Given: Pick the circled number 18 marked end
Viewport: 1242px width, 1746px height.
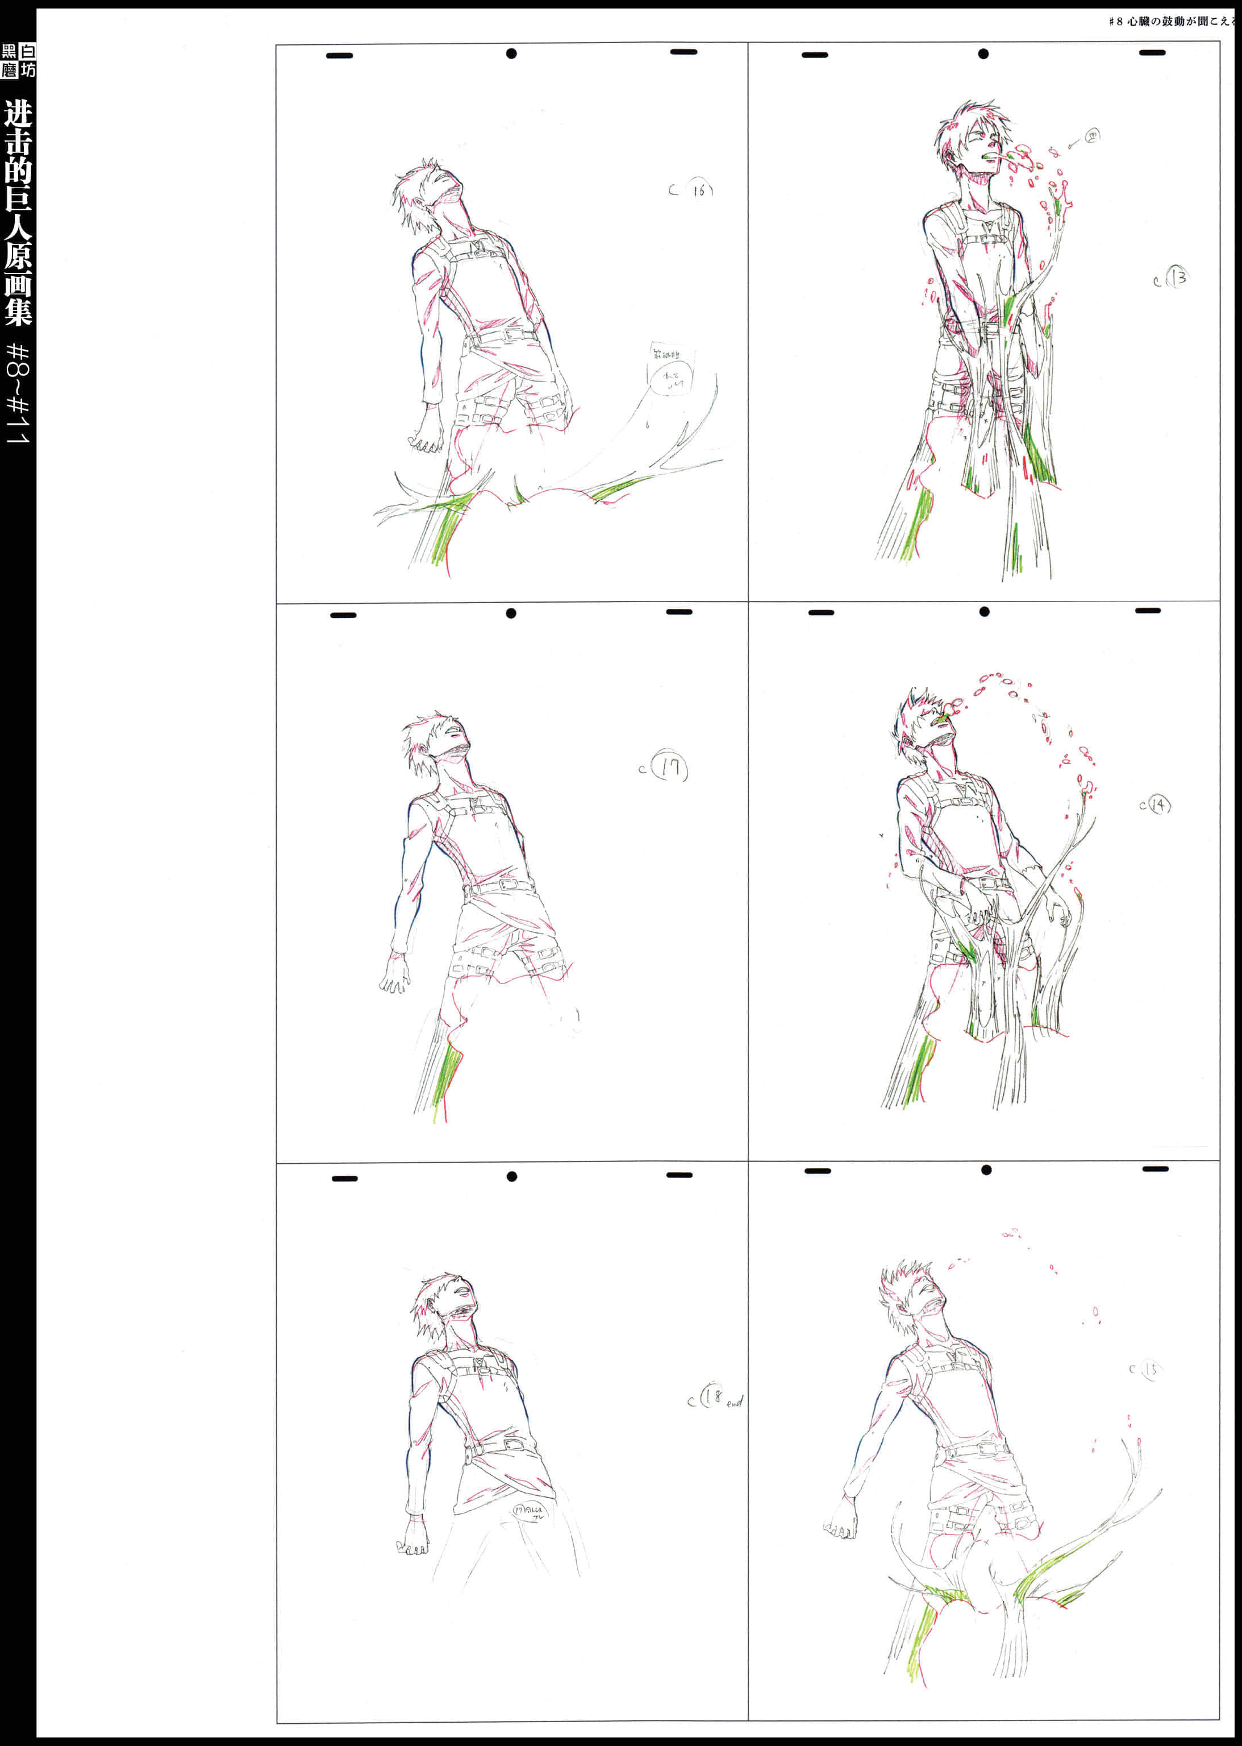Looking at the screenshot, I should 714,1397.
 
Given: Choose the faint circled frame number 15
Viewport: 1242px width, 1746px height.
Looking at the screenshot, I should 1149,1369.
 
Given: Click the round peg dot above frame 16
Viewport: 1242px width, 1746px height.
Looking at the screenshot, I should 511,53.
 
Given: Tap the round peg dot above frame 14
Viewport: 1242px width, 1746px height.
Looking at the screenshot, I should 984,611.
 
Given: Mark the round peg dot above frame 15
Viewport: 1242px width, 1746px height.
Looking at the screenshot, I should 986,1170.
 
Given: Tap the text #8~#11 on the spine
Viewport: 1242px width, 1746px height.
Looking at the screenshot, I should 18,393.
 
